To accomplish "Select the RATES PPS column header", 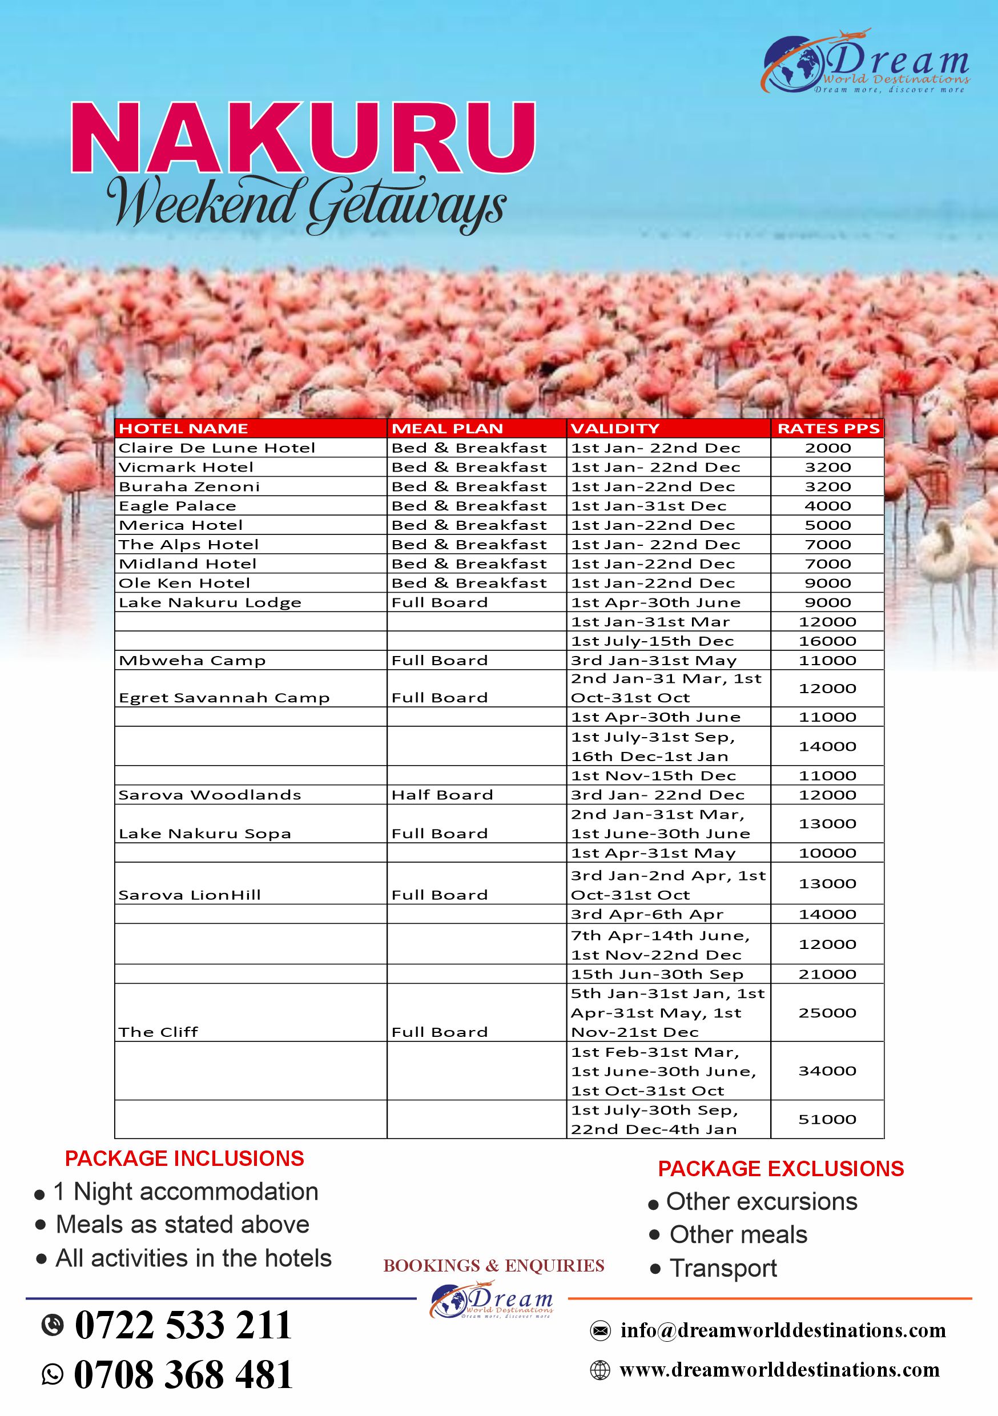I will (x=828, y=429).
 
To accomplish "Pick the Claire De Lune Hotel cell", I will (x=216, y=448).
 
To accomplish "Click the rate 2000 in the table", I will (x=827, y=448).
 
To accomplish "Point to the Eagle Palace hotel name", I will (x=177, y=506).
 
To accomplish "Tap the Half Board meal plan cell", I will (x=442, y=794).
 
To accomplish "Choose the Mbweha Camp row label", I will (x=192, y=660).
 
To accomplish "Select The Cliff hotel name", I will (x=158, y=1032).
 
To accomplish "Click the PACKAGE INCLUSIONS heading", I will (x=184, y=1158).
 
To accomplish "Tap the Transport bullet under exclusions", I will (x=723, y=1268).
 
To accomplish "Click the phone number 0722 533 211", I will (x=183, y=1325).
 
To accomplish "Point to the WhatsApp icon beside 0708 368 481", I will (x=53, y=1374).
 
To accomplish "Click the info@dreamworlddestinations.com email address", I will (x=783, y=1330).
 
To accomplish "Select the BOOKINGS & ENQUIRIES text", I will (x=493, y=1265).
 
